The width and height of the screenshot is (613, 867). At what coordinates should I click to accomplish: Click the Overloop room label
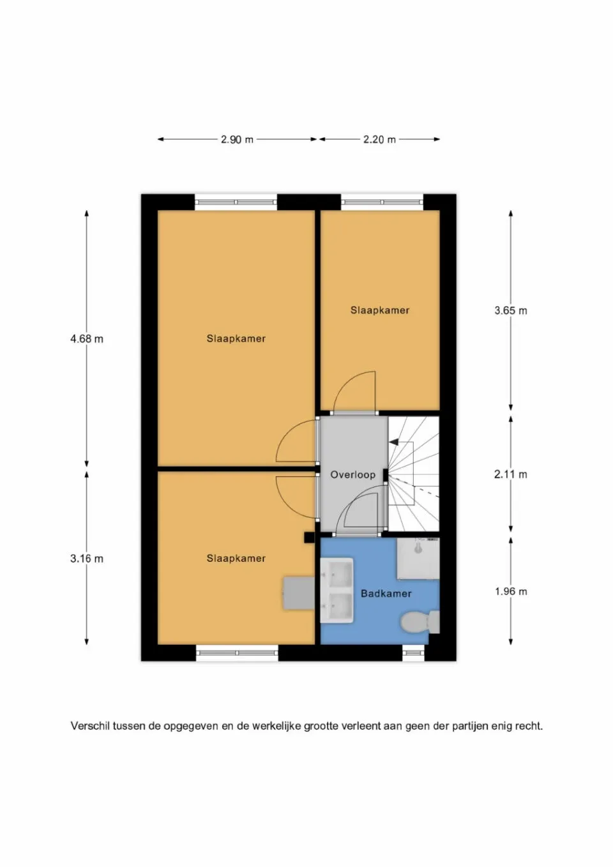coord(352,474)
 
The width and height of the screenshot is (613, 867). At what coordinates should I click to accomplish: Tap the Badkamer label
coord(386,593)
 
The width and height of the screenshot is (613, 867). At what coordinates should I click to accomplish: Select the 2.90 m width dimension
coord(237,139)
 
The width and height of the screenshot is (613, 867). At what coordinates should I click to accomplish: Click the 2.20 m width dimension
coord(379,139)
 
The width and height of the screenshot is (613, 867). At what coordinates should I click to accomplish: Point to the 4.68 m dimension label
coord(86,339)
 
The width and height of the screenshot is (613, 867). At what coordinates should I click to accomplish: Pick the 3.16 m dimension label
coord(86,559)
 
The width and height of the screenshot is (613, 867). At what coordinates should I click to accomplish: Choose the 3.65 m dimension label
coord(510,311)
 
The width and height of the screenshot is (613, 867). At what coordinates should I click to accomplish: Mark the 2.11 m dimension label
coord(510,474)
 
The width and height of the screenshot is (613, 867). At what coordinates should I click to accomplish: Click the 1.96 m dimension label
coord(510,591)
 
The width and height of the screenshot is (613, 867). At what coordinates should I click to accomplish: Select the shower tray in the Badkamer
coord(418,559)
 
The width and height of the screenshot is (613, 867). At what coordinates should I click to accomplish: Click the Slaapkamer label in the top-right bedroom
coord(379,310)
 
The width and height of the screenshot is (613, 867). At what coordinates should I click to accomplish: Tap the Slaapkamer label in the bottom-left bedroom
coord(236,558)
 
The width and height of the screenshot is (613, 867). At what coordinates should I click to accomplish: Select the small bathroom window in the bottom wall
coord(413,652)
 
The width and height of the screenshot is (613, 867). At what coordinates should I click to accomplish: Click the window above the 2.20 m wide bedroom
coord(382,202)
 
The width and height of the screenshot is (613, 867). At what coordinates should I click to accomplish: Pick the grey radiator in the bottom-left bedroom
coord(299,592)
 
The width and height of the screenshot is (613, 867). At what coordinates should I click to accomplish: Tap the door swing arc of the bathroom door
coord(348,504)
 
